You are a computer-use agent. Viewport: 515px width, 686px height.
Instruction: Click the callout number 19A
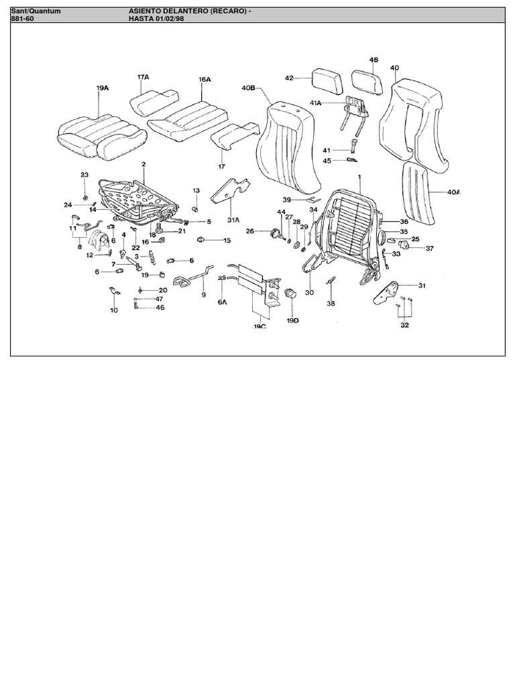(x=103, y=88)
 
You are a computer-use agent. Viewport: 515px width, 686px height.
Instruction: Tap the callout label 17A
(x=144, y=77)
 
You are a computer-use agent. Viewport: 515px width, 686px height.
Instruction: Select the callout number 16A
(x=205, y=79)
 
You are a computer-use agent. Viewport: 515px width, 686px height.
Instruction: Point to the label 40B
(x=248, y=88)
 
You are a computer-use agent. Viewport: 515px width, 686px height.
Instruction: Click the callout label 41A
(x=314, y=103)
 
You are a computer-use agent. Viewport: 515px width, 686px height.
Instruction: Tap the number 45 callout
(x=327, y=161)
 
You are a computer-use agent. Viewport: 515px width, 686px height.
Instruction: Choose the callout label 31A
(x=233, y=219)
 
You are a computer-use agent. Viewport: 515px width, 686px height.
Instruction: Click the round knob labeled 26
(x=274, y=232)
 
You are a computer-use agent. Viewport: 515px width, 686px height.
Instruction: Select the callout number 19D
(x=292, y=321)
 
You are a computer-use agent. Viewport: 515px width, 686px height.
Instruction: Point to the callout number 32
(x=404, y=326)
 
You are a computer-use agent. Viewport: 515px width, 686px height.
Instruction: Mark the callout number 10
(x=113, y=310)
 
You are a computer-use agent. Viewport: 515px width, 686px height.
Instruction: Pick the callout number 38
(x=331, y=303)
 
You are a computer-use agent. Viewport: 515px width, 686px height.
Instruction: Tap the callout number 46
(x=160, y=307)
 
